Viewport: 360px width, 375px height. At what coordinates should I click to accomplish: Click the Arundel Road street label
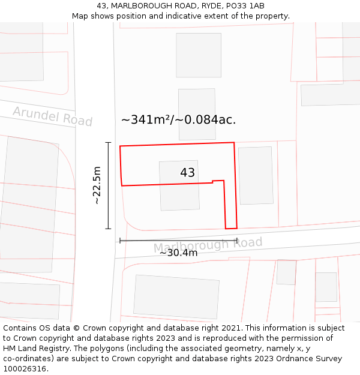[52, 116]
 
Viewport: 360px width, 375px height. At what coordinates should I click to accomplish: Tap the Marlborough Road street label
[208, 245]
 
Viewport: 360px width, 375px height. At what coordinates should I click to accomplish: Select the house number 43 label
[187, 173]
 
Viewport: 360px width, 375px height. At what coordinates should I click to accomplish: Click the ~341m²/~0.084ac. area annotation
[178, 120]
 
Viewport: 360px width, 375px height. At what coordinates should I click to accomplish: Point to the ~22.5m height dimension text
[97, 185]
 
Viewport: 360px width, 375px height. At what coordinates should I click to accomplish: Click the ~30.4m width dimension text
[178, 253]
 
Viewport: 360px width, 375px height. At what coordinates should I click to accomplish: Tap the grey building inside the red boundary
[179, 185]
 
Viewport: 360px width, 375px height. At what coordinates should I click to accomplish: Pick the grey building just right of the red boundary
[256, 175]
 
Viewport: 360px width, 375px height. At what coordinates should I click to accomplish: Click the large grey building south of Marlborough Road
[176, 296]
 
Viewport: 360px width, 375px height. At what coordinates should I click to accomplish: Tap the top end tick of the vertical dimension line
[108, 143]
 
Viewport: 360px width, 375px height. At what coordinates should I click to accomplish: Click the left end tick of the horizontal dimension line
[120, 241]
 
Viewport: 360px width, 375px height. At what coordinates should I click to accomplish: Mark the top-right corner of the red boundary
[233, 143]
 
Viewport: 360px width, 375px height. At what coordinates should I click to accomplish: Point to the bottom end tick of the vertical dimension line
[108, 229]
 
